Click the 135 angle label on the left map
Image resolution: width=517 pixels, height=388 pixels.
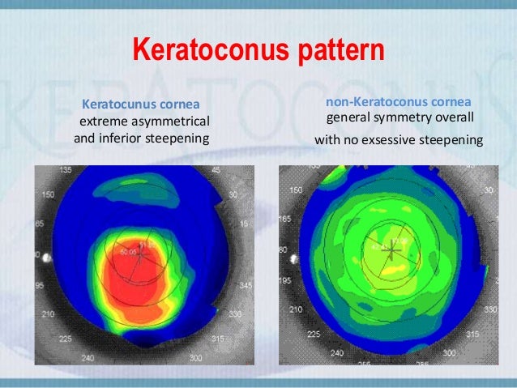(x=68, y=171)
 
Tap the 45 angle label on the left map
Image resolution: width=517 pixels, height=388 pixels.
(x=216, y=170)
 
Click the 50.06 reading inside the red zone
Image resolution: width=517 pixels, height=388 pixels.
(x=127, y=253)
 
